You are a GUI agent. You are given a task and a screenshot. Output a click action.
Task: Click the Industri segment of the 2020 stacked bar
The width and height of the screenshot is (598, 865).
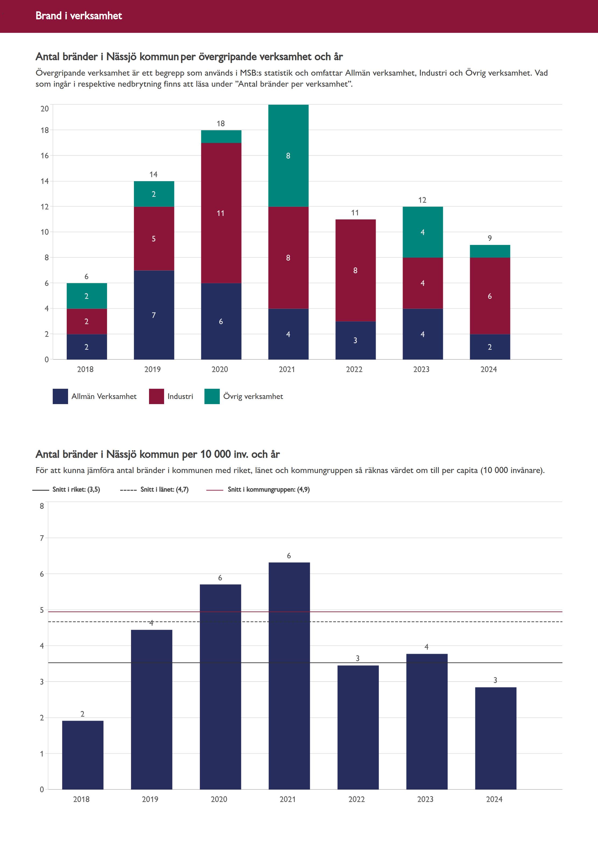(221, 213)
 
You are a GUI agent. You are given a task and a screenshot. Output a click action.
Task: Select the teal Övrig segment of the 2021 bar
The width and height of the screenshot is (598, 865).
(288, 156)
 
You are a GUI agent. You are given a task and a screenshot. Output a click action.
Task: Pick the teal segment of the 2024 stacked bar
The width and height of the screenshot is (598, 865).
(490, 251)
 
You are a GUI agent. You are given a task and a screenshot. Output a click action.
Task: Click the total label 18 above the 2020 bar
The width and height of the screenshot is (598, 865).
(221, 123)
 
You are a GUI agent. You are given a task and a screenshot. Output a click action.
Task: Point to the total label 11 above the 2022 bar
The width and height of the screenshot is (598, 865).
(355, 213)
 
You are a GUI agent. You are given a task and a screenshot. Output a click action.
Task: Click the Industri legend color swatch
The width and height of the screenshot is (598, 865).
(156, 396)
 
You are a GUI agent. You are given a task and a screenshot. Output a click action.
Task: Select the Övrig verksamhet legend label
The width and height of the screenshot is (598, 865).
(253, 396)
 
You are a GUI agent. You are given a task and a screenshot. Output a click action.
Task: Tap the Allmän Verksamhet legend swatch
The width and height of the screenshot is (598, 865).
(60, 396)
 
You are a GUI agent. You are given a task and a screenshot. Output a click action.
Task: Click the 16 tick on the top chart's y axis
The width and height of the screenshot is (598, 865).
(45, 156)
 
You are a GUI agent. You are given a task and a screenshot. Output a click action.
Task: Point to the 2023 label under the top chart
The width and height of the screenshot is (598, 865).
(421, 369)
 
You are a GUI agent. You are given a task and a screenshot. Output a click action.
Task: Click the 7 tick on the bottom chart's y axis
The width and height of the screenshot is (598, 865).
(42, 538)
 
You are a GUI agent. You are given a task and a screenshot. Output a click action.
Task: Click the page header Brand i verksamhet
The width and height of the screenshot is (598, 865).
(79, 16)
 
